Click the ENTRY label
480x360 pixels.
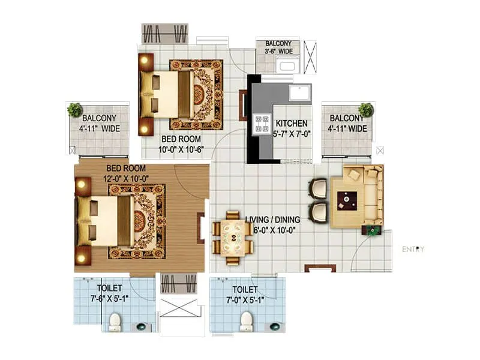413,249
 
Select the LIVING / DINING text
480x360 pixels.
272,219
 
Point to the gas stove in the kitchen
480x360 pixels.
262,123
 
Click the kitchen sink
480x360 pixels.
299,93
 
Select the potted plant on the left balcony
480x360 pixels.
74,110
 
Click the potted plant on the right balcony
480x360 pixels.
365,109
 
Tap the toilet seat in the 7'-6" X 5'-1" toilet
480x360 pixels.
115,323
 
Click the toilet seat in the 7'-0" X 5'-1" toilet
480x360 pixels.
246,322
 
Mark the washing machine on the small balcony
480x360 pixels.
287,65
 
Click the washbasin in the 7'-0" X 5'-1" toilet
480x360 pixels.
274,326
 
